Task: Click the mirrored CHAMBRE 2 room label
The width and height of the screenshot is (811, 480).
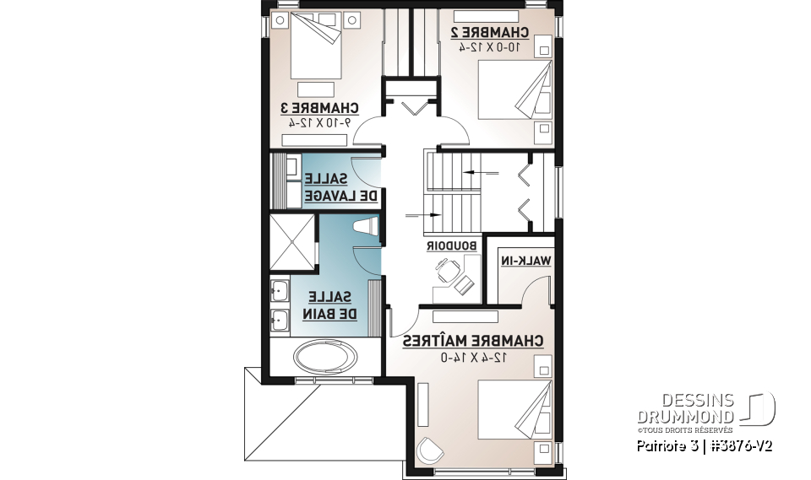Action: (x=489, y=33)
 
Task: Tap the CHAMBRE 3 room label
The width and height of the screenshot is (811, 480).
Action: (x=320, y=108)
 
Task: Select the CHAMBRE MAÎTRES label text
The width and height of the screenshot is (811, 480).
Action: (x=472, y=341)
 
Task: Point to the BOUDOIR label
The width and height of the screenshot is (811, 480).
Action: (x=450, y=245)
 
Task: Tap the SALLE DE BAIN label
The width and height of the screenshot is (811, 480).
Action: (x=332, y=305)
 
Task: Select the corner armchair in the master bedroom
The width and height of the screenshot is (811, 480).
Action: (x=430, y=450)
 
